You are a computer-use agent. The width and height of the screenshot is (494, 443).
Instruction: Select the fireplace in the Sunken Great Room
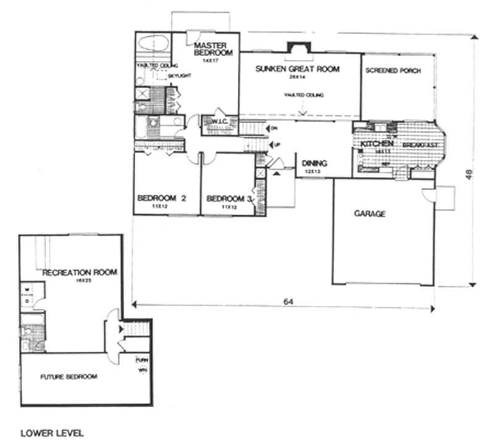pyautogui.click(x=298, y=49)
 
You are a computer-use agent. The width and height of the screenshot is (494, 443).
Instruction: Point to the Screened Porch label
pyautogui.click(x=393, y=71)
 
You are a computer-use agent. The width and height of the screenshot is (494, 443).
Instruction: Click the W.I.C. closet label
pyautogui.click(x=220, y=121)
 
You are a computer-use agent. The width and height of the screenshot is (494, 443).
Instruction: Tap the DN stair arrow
pyautogui.click(x=272, y=128)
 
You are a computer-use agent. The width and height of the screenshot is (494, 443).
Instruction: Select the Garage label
pyautogui.click(x=369, y=214)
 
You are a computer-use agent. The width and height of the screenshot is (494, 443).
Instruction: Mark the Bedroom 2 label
pyautogui.click(x=162, y=198)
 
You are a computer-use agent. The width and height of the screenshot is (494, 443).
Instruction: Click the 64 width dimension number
pyautogui.click(x=288, y=302)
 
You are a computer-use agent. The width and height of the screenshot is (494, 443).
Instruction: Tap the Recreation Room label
pyautogui.click(x=80, y=272)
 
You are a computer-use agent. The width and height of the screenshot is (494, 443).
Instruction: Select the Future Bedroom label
pyautogui.click(x=69, y=376)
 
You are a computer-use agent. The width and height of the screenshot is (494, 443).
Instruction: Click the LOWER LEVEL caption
pyautogui.click(x=52, y=433)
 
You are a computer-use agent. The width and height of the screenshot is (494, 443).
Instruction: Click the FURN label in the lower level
pyautogui.click(x=141, y=360)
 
